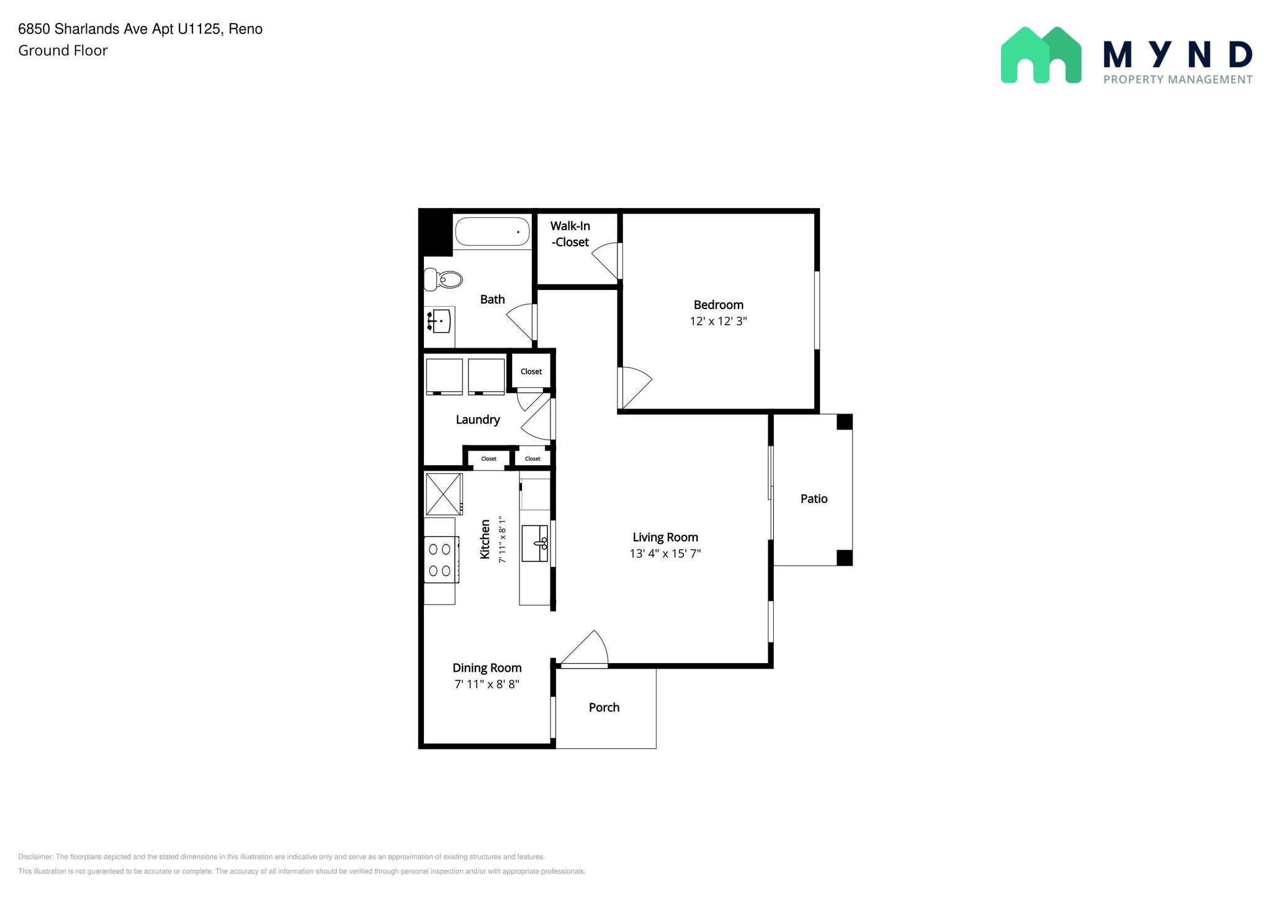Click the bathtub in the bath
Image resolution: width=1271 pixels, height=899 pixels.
[492, 232]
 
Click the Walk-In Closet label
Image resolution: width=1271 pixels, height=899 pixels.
[570, 234]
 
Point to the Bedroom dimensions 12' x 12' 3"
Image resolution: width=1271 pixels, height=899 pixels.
[718, 321]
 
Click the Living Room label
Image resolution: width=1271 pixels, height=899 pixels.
[665, 537]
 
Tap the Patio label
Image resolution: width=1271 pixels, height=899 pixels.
[814, 499]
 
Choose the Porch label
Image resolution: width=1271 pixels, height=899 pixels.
[604, 707]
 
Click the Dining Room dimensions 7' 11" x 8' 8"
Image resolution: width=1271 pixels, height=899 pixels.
[487, 684]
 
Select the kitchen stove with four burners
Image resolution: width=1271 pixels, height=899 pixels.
[441, 559]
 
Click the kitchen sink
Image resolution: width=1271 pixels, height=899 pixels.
[534, 543]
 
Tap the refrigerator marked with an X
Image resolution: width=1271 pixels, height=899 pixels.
[444, 494]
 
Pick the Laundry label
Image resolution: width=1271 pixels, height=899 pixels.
[478, 420]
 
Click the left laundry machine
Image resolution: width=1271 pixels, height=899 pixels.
[444, 376]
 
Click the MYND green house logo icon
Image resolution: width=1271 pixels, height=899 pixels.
[1041, 55]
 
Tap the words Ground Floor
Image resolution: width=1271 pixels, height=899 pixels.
[63, 50]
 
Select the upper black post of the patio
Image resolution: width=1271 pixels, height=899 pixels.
[845, 422]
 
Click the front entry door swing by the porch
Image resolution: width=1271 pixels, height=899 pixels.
[584, 649]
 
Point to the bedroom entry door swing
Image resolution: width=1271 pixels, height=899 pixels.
[635, 387]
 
